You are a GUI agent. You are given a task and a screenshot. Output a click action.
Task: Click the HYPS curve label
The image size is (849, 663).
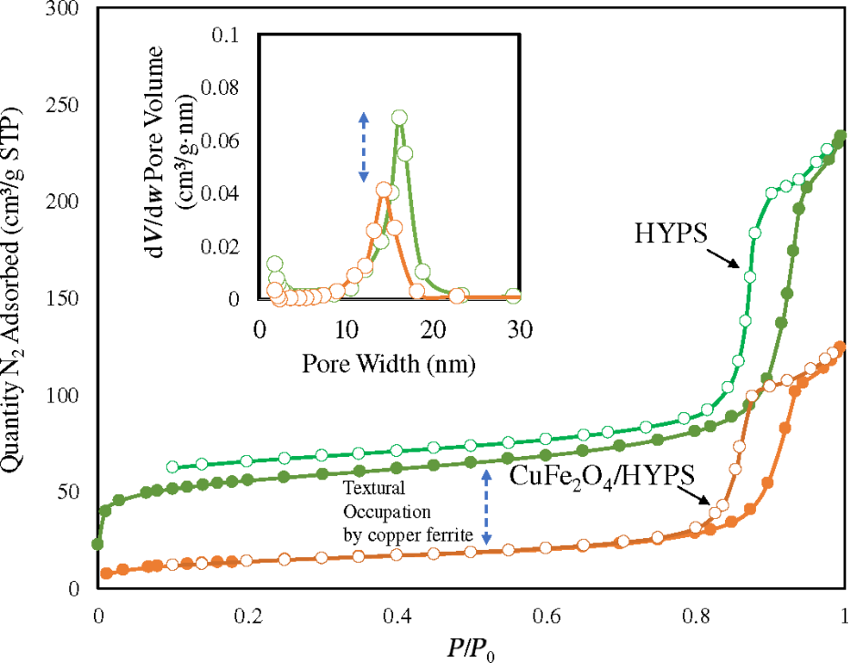tap(673, 233)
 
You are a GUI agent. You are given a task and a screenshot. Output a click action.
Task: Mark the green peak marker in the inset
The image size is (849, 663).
tap(399, 117)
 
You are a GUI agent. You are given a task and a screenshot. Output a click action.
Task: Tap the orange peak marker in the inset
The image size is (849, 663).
tap(384, 190)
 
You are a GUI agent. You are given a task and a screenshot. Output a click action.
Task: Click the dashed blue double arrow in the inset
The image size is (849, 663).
tap(363, 146)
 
